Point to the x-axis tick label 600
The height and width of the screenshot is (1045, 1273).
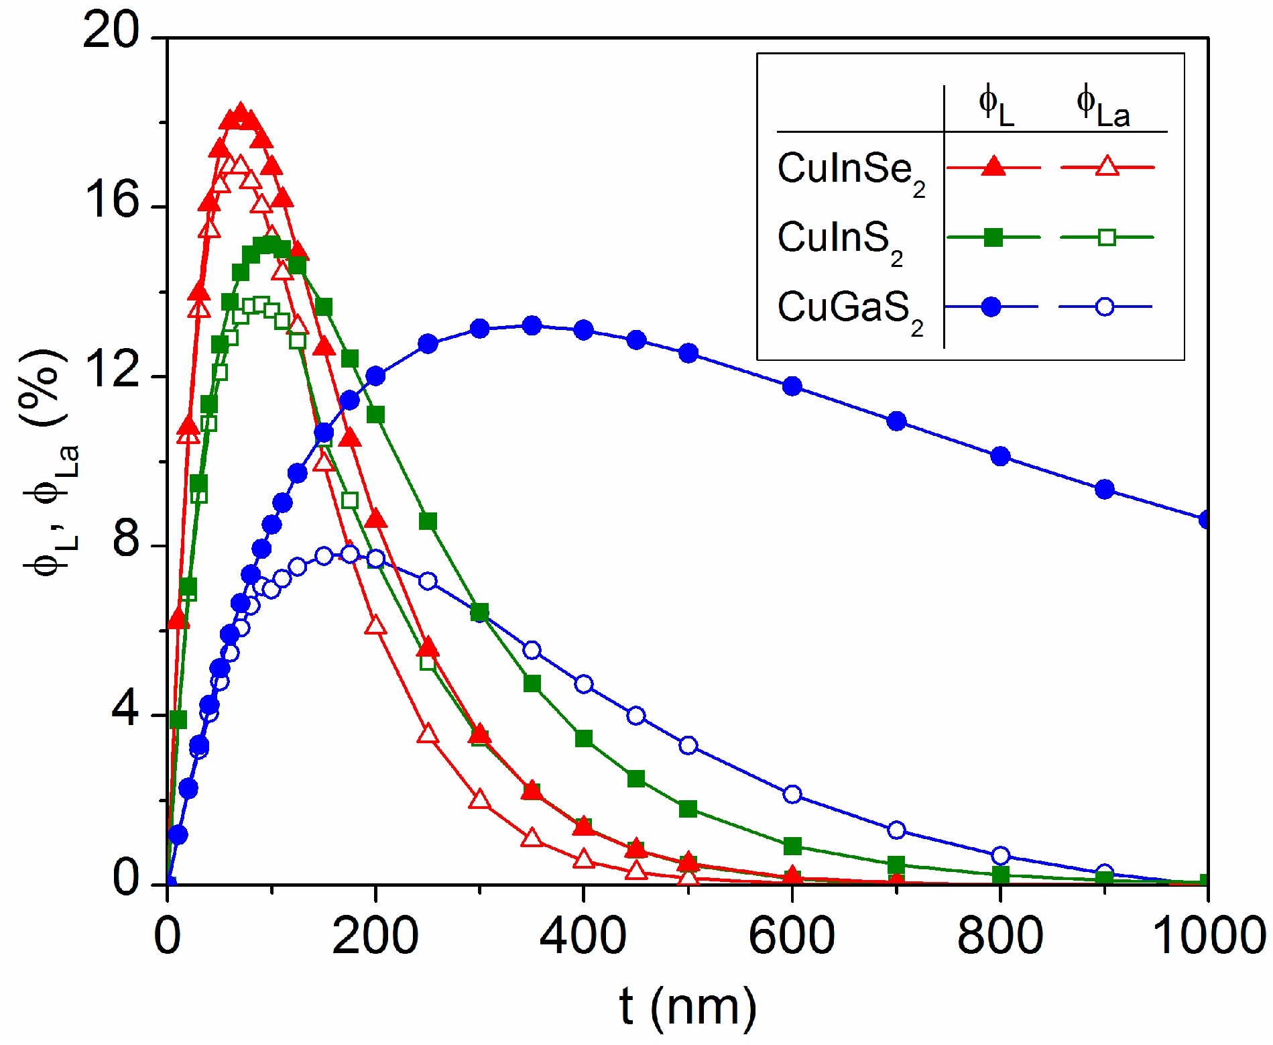[x=791, y=936]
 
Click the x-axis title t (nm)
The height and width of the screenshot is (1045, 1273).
[x=688, y=1006]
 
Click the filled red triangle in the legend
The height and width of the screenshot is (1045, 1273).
[x=993, y=166]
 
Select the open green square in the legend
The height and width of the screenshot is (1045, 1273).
[x=1107, y=237]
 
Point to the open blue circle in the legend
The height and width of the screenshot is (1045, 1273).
[x=1105, y=307]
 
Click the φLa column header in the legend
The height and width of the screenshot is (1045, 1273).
[x=1103, y=107]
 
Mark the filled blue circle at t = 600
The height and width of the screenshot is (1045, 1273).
[x=792, y=386]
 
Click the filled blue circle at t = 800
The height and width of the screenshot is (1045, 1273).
[x=1000, y=456]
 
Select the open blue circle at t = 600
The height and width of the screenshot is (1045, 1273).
[x=792, y=794]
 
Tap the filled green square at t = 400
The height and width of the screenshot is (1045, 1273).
[x=584, y=738]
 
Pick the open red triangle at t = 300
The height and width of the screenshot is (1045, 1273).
[x=479, y=800]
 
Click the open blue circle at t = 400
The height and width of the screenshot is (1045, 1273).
[x=584, y=684]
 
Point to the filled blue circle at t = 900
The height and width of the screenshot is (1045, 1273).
[x=1104, y=490]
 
